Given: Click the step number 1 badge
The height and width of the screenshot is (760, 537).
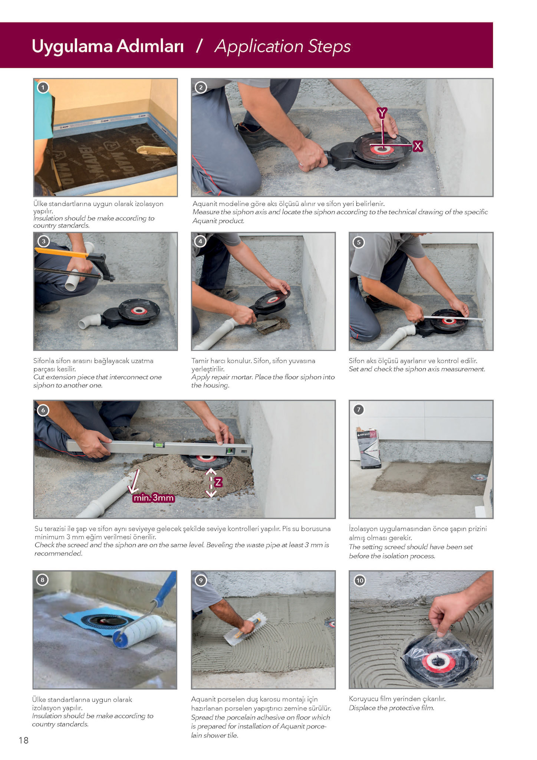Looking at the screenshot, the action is (43, 88).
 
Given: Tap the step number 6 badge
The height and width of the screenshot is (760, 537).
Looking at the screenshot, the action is (43, 410).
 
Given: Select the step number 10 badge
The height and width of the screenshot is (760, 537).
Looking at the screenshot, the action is (360, 580).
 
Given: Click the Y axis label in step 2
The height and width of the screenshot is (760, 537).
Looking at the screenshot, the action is (382, 112).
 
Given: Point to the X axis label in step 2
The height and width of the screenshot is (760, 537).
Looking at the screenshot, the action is (418, 146).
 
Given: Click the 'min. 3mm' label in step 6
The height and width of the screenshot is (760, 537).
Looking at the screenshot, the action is (154, 498).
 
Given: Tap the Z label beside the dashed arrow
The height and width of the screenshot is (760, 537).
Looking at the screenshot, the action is (218, 482).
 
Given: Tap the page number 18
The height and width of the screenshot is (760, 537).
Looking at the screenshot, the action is (23, 740).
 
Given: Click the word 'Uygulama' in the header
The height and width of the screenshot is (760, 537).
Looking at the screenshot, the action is (72, 47).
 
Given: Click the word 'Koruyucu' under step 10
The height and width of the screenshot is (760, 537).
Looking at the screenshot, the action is (364, 699).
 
